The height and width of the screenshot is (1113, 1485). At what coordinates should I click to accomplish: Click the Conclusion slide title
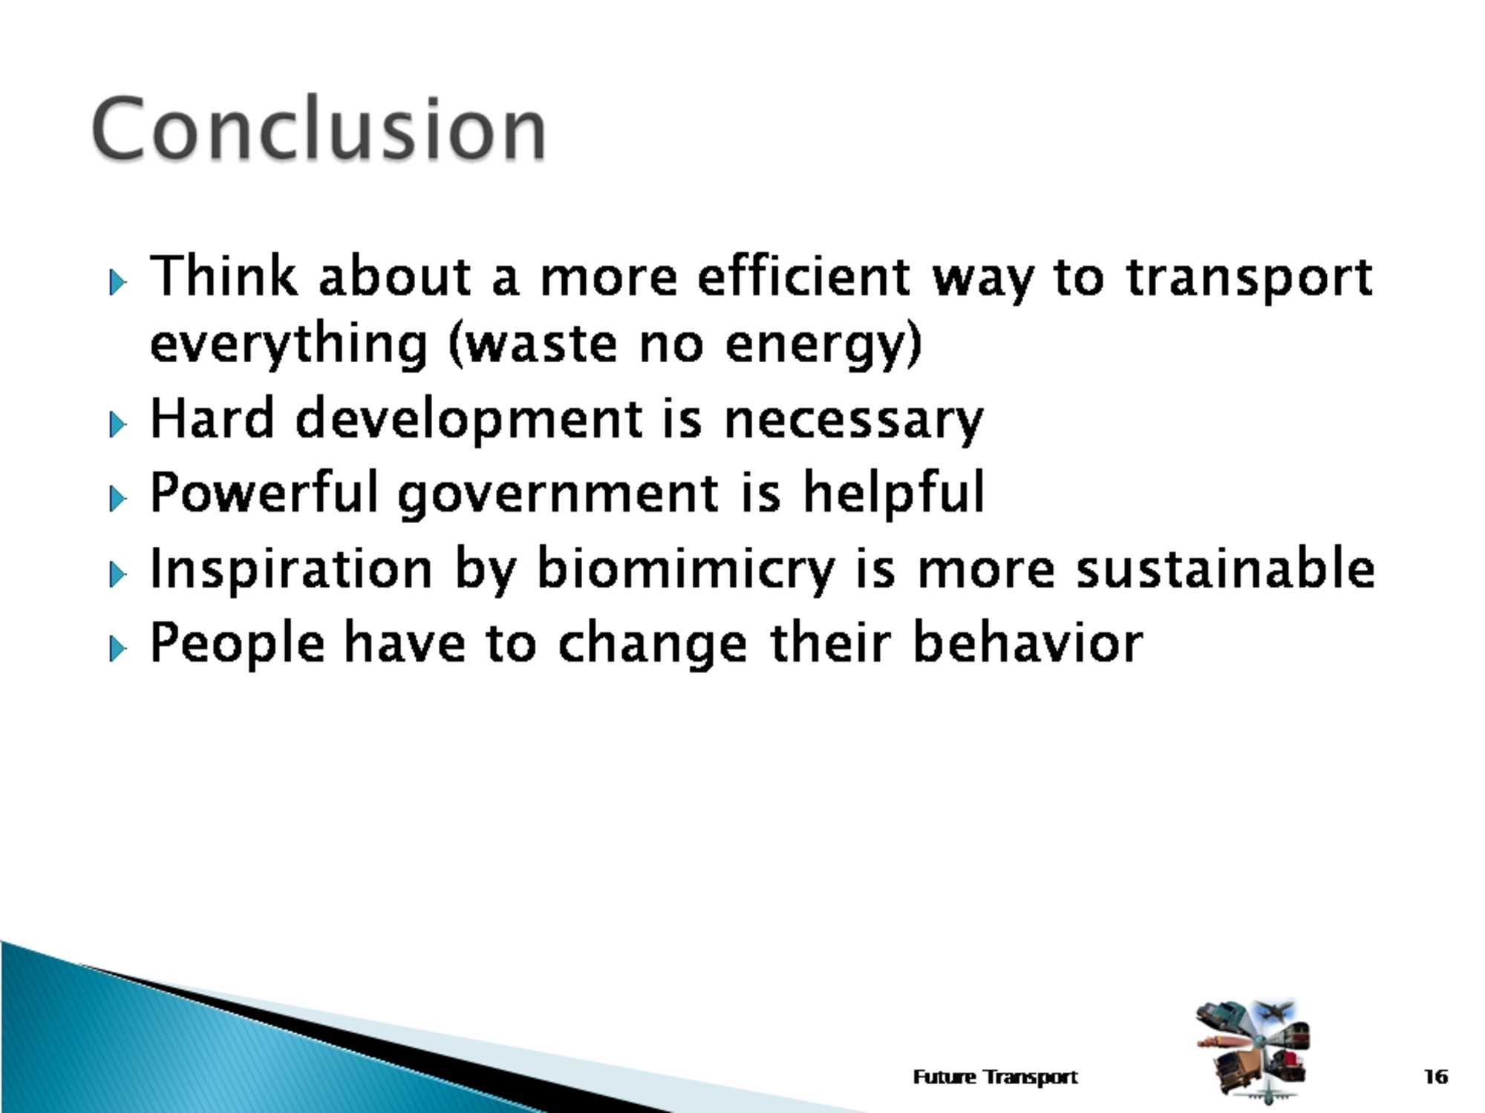point(319,128)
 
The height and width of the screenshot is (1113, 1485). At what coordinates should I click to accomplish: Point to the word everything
point(289,344)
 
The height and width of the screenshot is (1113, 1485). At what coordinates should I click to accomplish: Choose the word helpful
point(894,493)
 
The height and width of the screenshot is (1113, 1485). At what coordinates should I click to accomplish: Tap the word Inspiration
point(292,569)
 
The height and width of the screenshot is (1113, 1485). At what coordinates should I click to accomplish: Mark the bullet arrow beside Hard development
point(117,424)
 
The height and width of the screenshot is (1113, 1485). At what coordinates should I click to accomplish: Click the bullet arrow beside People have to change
point(117,648)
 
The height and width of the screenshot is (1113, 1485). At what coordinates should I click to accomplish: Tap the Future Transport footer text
point(995,1076)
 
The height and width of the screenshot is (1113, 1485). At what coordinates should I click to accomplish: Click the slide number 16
point(1436,1076)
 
